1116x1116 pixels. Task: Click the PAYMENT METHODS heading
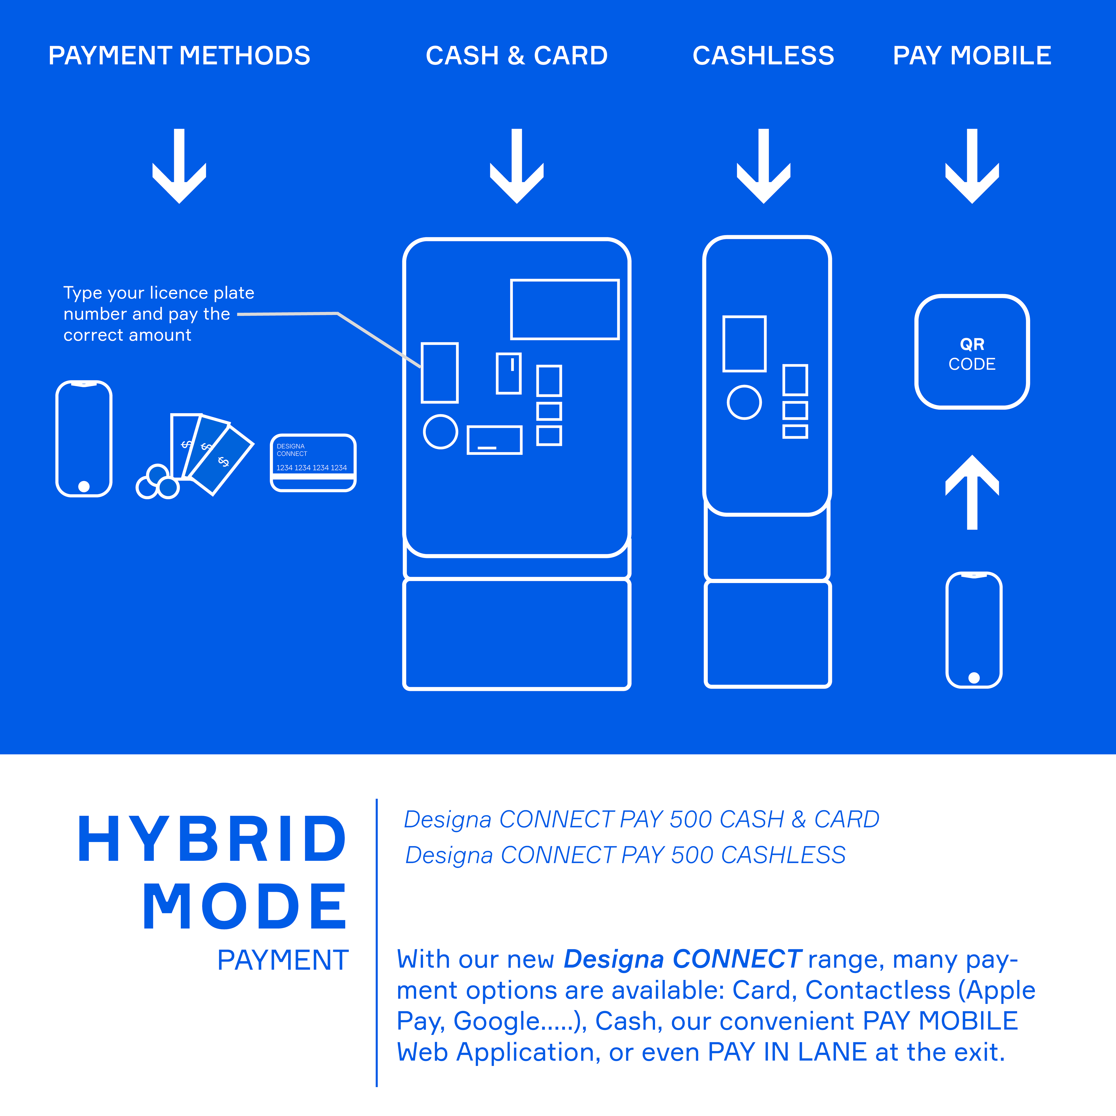179,56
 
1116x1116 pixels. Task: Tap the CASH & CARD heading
516,56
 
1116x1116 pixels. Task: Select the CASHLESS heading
763,56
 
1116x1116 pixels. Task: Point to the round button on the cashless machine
744,402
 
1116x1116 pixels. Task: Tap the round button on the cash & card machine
440,432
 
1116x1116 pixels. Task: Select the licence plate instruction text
156,314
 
